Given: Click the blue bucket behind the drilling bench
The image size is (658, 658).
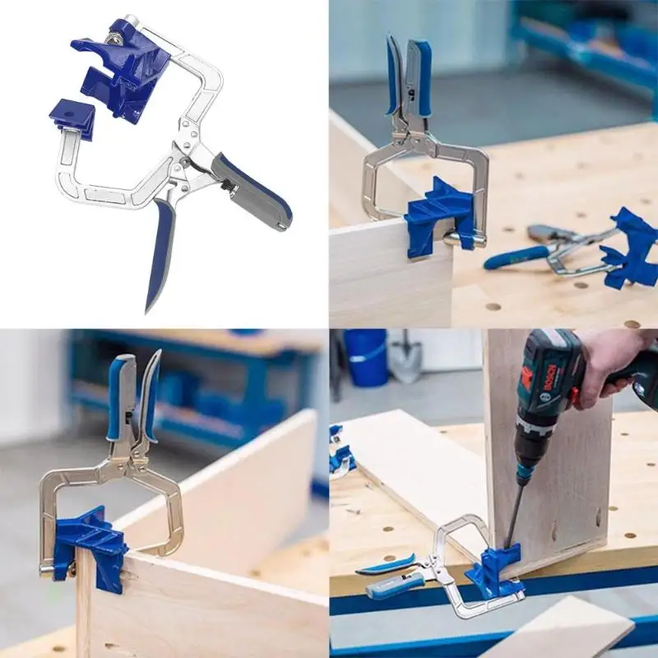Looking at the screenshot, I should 365,358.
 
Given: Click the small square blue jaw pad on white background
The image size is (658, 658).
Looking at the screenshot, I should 72,115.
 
